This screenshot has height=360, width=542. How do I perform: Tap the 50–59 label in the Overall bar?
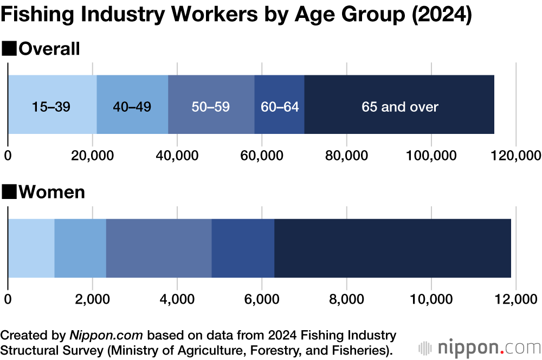211,106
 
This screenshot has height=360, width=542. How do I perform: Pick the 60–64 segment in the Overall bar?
280,106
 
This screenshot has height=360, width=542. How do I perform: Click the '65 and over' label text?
400,106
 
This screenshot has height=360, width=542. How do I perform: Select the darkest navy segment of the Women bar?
392,248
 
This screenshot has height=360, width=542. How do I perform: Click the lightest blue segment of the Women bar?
31,248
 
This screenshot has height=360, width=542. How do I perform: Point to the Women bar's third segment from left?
158,248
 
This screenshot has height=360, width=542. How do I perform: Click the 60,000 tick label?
262,156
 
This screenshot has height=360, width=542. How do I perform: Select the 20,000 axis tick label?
93,156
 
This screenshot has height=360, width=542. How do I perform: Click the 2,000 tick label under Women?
93,299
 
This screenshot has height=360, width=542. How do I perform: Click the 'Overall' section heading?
49,49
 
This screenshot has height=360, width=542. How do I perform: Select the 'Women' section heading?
51,192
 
